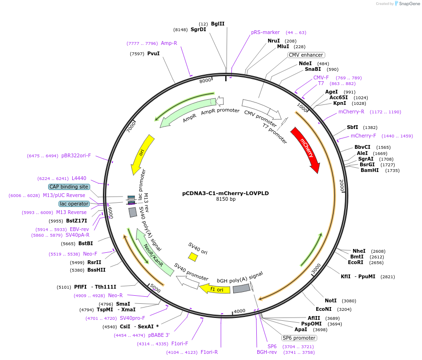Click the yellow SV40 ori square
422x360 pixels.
(193, 257)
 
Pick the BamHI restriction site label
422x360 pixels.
(370, 171)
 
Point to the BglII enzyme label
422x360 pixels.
(218, 24)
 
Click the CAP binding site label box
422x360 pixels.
(68, 187)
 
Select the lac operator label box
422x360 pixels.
(74, 204)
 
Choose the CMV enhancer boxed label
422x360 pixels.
(306, 55)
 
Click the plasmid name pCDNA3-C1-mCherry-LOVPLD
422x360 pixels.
(226, 193)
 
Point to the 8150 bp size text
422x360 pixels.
(226, 199)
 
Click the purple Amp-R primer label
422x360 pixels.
(169, 43)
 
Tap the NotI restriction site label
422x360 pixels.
(331, 300)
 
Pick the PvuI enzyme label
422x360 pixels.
(153, 53)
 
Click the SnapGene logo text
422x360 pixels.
(409, 4)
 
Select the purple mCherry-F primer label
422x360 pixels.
(363, 136)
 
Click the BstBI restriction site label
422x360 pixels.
(85, 244)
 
